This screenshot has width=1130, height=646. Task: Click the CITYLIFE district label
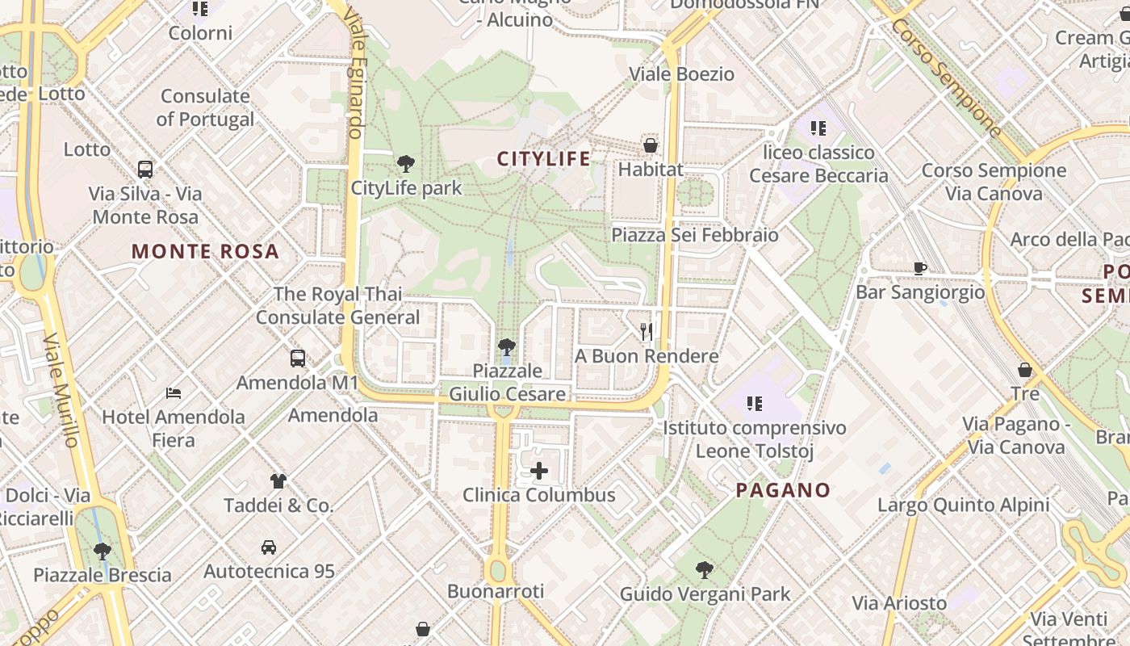(x=543, y=158)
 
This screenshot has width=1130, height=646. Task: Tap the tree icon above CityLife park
(x=406, y=164)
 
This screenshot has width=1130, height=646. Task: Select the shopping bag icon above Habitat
(x=650, y=145)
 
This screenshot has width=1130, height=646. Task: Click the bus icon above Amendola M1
(x=297, y=358)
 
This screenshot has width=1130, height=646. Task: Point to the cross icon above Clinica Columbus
(x=538, y=471)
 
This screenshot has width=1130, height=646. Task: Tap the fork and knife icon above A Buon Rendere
(x=646, y=331)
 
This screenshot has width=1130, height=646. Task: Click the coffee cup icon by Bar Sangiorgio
(x=919, y=268)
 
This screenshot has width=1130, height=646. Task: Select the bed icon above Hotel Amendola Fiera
(x=173, y=393)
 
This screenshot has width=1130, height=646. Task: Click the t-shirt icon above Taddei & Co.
(x=278, y=481)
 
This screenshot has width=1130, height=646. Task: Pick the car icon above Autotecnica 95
(x=269, y=547)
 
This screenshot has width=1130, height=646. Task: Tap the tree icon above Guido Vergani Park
(x=704, y=570)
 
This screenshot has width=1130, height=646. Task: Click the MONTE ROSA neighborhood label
(x=205, y=251)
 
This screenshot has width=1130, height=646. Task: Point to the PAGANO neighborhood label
(x=783, y=490)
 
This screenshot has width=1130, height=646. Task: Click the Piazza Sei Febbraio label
(x=695, y=235)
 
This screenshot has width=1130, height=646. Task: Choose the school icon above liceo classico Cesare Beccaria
(x=818, y=128)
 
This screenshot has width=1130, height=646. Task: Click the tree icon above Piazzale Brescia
(x=102, y=552)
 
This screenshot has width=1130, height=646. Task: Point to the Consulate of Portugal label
(x=205, y=107)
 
